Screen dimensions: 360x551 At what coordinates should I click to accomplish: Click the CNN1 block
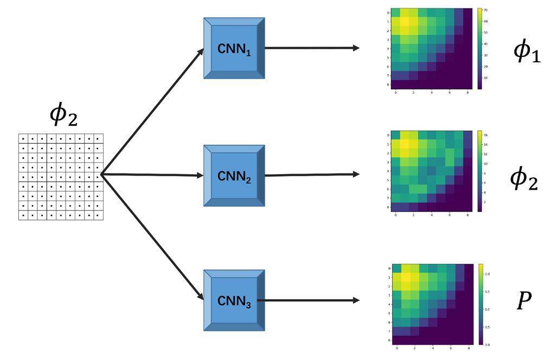234,48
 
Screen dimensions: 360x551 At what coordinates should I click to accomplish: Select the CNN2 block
234,176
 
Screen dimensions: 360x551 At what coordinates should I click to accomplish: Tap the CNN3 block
234,300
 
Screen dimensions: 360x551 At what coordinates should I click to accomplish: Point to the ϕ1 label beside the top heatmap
527,52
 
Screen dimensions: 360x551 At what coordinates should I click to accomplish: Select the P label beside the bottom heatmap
523,300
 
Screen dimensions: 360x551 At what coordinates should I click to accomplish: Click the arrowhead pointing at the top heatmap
356,48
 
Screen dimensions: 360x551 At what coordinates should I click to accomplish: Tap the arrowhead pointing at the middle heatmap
356,174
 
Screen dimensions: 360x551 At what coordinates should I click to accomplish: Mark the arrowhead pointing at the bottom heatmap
356,300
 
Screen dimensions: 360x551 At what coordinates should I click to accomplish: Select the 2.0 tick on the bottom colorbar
488,274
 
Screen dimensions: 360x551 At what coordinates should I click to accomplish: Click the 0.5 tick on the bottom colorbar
488,327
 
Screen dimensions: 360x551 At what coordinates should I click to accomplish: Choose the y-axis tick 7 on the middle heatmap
387,198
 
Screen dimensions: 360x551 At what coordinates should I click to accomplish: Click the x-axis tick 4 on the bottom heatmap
432,348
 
